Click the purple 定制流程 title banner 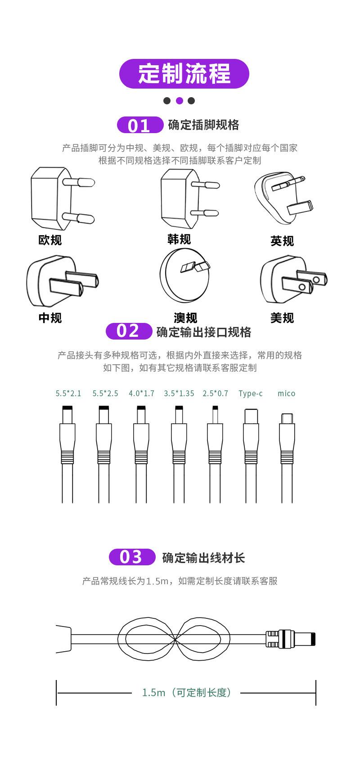click(184, 73)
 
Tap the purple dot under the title click(179, 101)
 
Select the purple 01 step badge click(140, 125)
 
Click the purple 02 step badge click(129, 331)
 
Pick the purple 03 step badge click(132, 557)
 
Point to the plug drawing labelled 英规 click(283, 197)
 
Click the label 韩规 click(179, 239)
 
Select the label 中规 click(50, 318)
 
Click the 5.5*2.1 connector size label click(68, 394)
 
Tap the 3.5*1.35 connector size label click(179, 394)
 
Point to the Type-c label click(251, 394)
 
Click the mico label click(286, 394)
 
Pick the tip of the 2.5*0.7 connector click(215, 407)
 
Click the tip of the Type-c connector click(251, 410)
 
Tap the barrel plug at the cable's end click(291, 639)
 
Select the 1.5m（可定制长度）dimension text click(187, 693)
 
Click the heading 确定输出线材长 click(203, 558)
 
